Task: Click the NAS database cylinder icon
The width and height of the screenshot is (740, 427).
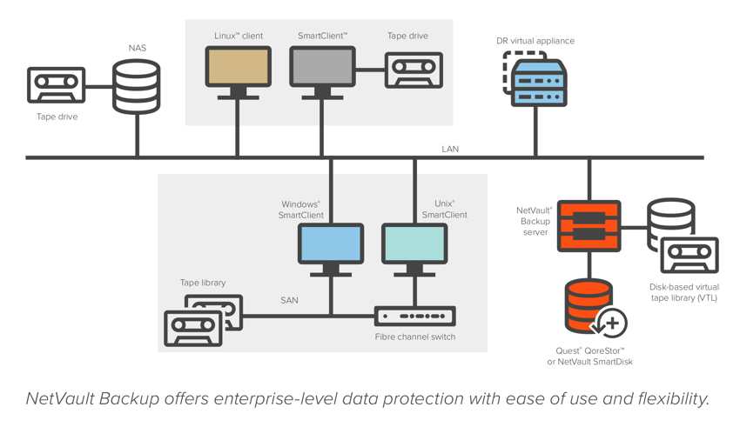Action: tap(137, 87)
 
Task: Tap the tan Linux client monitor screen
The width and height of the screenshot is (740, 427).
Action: tap(239, 66)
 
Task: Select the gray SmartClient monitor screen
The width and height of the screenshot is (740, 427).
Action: tap(322, 66)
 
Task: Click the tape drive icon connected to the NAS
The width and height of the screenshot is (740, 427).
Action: tap(57, 85)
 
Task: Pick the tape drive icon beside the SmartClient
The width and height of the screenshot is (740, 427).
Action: tap(414, 70)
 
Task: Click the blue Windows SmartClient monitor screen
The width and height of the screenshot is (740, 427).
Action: tap(331, 244)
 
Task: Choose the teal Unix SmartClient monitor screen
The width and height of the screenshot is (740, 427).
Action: tap(414, 244)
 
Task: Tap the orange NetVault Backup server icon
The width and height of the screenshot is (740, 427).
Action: tap(589, 226)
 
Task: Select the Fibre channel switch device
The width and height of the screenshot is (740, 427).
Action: tap(414, 317)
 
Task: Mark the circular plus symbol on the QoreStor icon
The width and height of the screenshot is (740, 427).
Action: tap(612, 324)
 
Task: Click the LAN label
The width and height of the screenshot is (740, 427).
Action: tap(450, 149)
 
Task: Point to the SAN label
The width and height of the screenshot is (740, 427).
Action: tap(289, 300)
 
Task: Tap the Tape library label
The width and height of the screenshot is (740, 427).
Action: tap(203, 283)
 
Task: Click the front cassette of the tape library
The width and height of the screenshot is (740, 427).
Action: tap(193, 328)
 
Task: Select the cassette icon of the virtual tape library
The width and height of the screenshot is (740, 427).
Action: tap(690, 255)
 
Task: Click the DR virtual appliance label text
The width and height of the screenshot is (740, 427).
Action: tap(535, 41)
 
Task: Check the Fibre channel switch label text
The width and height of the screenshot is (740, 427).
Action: tap(415, 337)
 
